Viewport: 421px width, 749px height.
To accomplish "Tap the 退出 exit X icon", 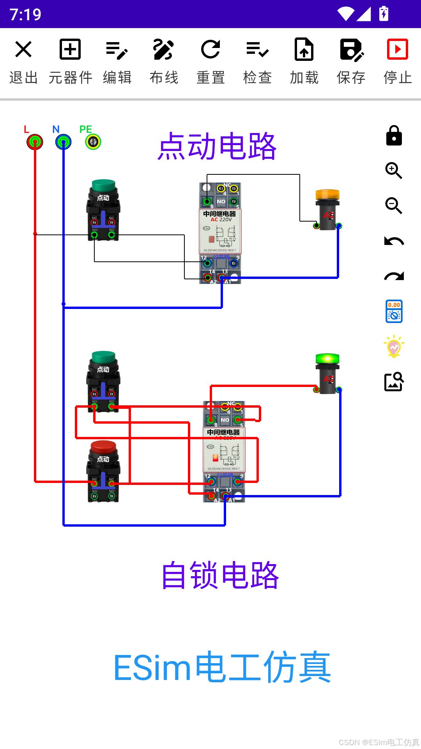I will pyautogui.click(x=23, y=50).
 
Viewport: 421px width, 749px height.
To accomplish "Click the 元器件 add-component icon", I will pyautogui.click(x=70, y=50).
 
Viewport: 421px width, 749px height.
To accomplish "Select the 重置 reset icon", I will pyautogui.click(x=210, y=50).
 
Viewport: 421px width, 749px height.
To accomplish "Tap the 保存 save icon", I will pyautogui.click(x=351, y=50).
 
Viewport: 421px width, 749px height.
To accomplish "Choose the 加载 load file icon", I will pyautogui.click(x=304, y=50).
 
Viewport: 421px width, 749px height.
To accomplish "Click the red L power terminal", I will pyautogui.click(x=35, y=142).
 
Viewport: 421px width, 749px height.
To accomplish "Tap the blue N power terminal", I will pyautogui.click(x=63, y=142).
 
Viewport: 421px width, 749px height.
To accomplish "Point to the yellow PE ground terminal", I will pyautogui.click(x=93, y=142).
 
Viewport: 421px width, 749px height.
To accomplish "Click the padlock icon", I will pyautogui.click(x=394, y=136).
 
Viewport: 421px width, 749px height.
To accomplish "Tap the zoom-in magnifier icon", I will pyautogui.click(x=394, y=170).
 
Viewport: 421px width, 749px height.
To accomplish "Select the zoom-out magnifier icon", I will pyautogui.click(x=394, y=206).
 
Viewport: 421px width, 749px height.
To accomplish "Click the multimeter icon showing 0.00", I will pyautogui.click(x=394, y=311).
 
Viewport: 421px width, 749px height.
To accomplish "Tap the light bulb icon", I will pyautogui.click(x=394, y=346).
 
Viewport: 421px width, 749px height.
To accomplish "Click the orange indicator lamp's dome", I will pyautogui.click(x=327, y=194).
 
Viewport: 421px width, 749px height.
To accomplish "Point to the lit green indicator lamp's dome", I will pyautogui.click(x=327, y=358).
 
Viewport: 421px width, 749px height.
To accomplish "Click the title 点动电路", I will pyautogui.click(x=217, y=146).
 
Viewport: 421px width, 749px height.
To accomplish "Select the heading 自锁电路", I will pyautogui.click(x=220, y=575).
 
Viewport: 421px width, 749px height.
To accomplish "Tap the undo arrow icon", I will pyautogui.click(x=394, y=241).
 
